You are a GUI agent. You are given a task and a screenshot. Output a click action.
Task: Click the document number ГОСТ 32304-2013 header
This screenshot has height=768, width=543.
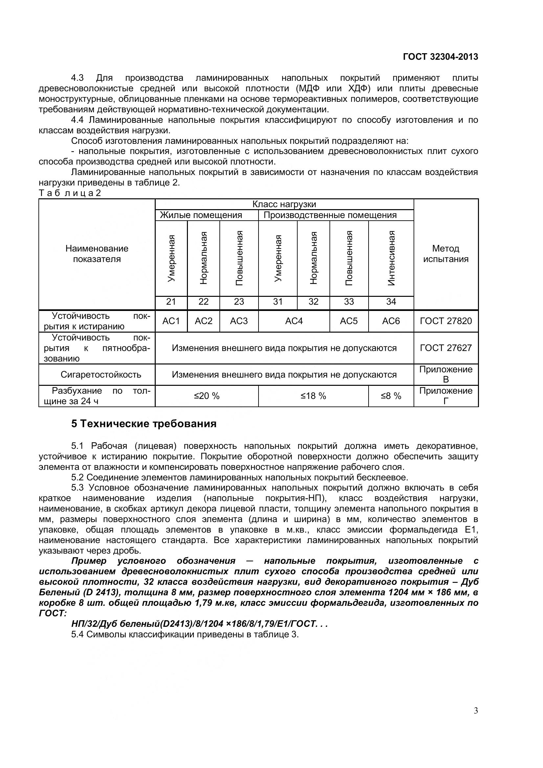click(x=440, y=57)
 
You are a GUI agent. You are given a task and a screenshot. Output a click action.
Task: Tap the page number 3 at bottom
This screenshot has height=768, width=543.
click(x=476, y=720)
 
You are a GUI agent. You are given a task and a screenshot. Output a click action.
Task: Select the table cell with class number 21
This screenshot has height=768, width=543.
click(x=171, y=302)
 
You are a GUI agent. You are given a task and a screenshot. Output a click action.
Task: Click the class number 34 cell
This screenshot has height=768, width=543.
click(x=391, y=302)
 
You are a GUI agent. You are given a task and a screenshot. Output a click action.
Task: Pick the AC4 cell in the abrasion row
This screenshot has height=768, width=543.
click(x=294, y=321)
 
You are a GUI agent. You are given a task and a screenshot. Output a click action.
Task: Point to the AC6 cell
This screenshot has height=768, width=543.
click(x=391, y=321)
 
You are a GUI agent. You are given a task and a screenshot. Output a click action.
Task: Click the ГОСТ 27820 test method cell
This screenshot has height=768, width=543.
click(x=446, y=321)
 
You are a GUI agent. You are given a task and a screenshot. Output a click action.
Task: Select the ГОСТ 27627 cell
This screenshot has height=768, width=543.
click(x=446, y=348)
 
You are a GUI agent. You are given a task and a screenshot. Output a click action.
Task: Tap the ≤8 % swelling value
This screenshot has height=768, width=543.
click(x=391, y=396)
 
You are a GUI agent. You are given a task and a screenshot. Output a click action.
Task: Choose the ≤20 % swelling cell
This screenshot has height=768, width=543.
click(x=206, y=396)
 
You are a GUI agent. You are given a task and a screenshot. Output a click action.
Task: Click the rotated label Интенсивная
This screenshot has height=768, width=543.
click(x=391, y=258)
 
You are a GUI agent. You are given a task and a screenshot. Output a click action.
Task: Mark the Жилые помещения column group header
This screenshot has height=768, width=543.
click(x=201, y=215)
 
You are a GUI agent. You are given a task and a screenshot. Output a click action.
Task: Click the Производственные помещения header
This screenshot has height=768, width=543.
click(x=330, y=215)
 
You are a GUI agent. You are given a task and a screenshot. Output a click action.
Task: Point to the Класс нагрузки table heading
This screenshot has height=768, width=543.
click(x=284, y=204)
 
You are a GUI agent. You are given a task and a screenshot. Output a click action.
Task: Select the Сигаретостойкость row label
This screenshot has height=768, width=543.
click(x=101, y=375)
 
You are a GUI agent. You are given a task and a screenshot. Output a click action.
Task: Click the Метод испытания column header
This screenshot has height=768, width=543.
click(x=446, y=253)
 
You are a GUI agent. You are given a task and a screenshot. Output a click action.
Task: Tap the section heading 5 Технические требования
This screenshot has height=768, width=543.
click(x=144, y=424)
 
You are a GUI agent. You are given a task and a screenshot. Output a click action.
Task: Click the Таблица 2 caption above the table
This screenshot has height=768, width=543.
click(x=70, y=193)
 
